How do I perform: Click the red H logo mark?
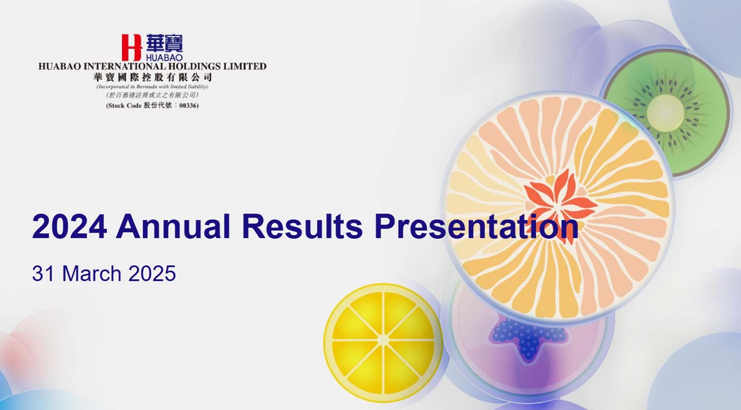click(x=131, y=47)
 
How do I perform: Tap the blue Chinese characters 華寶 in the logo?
click(x=165, y=43)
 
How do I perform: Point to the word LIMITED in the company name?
click(x=245, y=66)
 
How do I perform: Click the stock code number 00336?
click(x=188, y=106)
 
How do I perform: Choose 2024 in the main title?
click(x=69, y=226)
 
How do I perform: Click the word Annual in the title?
click(x=173, y=226)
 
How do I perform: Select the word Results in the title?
click(x=302, y=226)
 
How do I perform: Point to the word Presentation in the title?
click(x=477, y=226)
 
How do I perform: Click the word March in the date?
click(x=92, y=273)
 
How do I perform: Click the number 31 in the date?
click(x=44, y=273)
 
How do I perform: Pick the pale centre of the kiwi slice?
click(x=665, y=110)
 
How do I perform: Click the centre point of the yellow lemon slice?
click(x=383, y=340)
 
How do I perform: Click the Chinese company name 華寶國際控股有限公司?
click(x=152, y=78)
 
